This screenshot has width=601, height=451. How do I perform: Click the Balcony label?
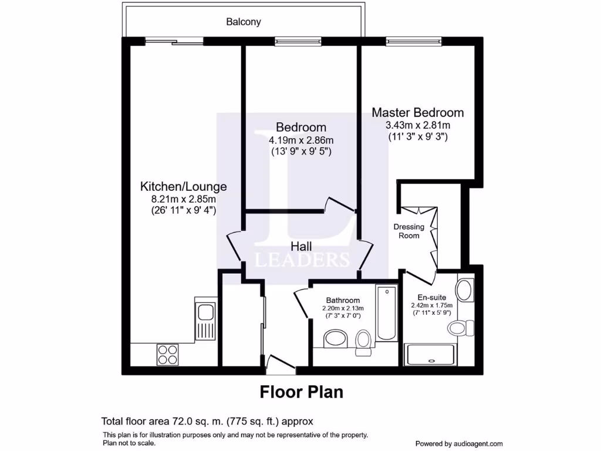pyautogui.click(x=244, y=22)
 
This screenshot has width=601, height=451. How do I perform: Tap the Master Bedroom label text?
pyautogui.click(x=417, y=112)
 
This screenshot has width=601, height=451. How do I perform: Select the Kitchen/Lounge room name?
pyautogui.click(x=183, y=187)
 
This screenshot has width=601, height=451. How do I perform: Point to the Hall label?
pyautogui.click(x=300, y=246)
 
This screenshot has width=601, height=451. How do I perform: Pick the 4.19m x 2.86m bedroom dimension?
pyautogui.click(x=301, y=140)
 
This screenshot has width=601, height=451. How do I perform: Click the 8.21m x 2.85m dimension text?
pyautogui.click(x=183, y=200)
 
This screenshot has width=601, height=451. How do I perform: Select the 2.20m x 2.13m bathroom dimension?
pyautogui.click(x=343, y=308)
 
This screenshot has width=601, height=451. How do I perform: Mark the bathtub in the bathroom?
pyautogui.click(x=386, y=314)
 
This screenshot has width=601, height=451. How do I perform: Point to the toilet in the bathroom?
pyautogui.click(x=363, y=341)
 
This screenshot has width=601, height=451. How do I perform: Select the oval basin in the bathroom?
pyautogui.click(x=335, y=339)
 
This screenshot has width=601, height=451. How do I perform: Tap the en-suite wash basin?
pyautogui.click(x=465, y=290)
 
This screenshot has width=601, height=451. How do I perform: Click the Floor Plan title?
pyautogui.click(x=301, y=392)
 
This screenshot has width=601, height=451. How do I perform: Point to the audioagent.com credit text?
pyautogui.click(x=459, y=443)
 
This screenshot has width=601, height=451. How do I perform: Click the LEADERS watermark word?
pyautogui.click(x=302, y=260)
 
